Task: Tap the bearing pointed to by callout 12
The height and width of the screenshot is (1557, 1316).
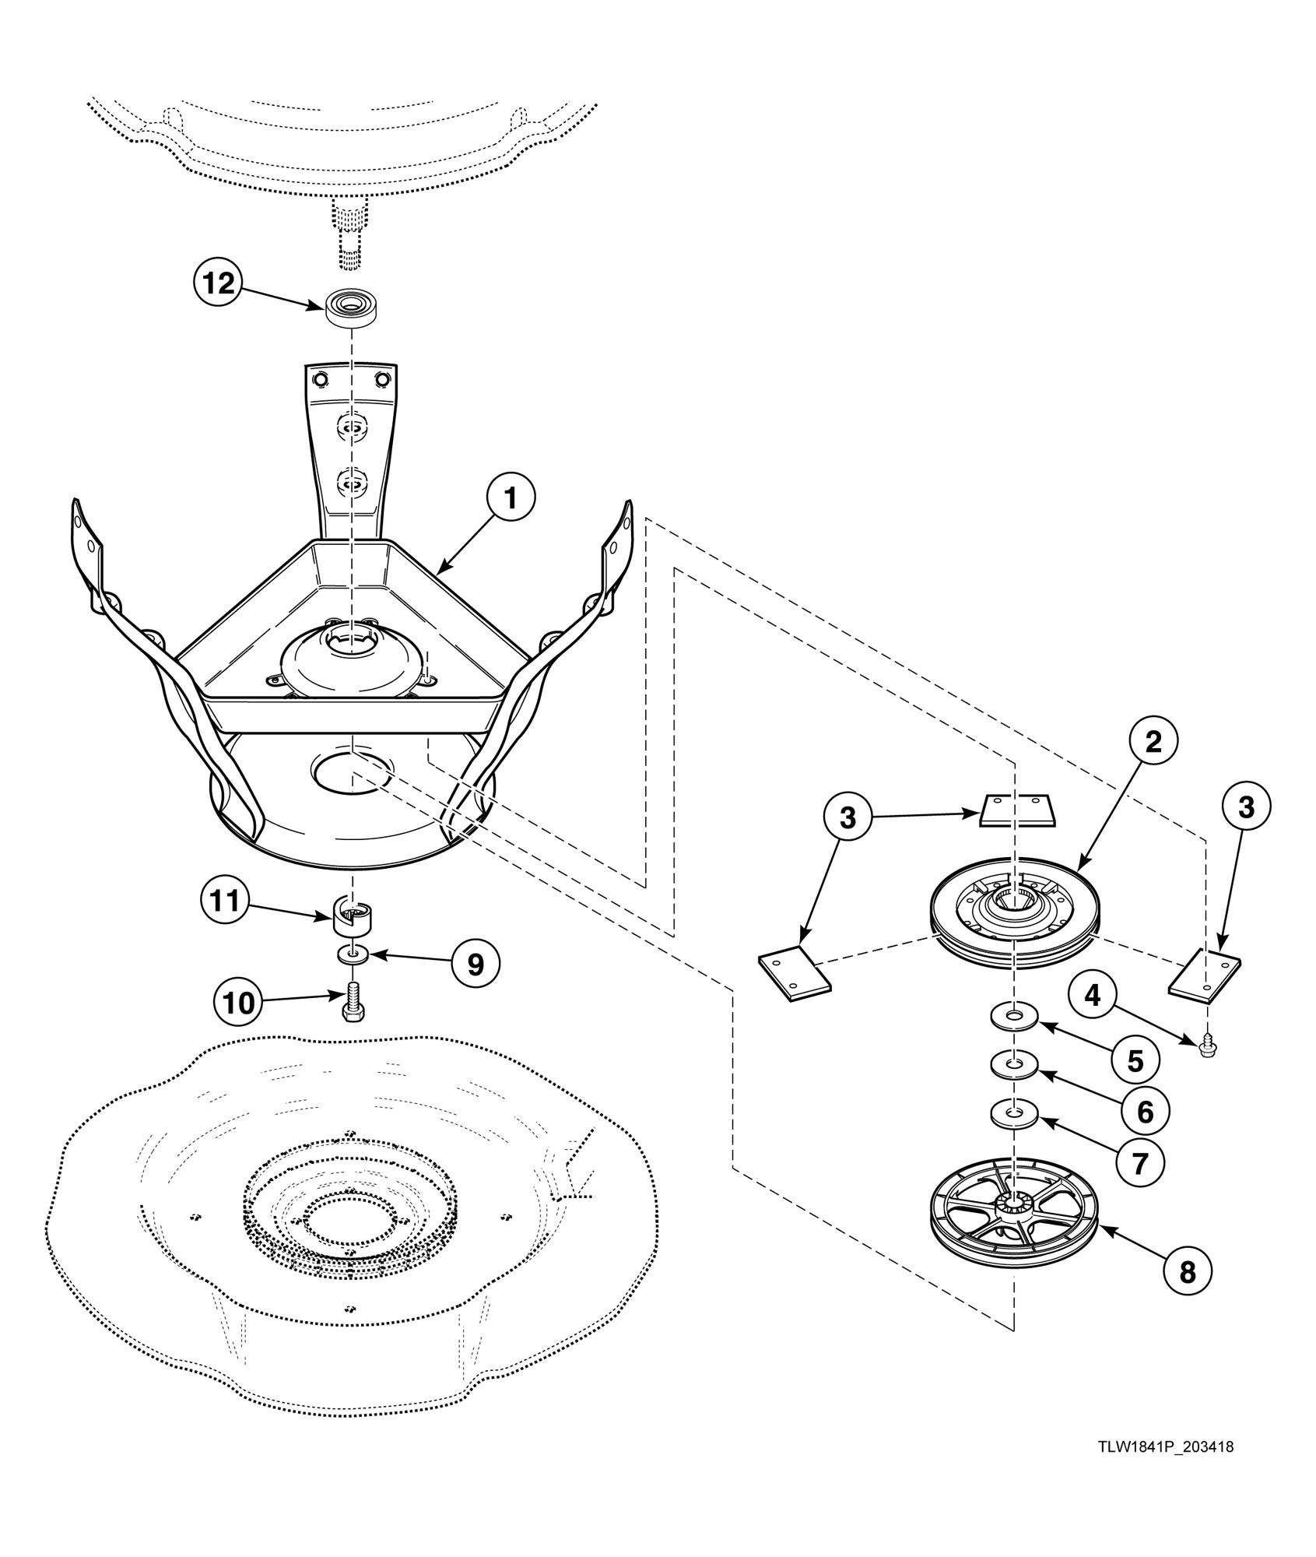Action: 351,308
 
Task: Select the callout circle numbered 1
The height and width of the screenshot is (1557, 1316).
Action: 511,499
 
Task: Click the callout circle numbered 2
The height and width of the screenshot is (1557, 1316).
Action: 1153,741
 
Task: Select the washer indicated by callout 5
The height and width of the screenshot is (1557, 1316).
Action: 1015,1016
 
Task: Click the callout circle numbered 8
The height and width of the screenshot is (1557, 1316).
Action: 1187,1271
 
